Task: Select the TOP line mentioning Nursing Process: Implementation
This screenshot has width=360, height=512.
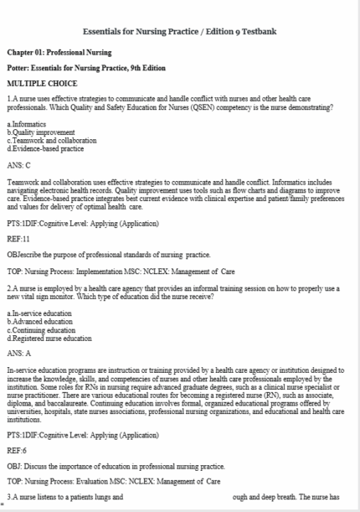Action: click(122, 260)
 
